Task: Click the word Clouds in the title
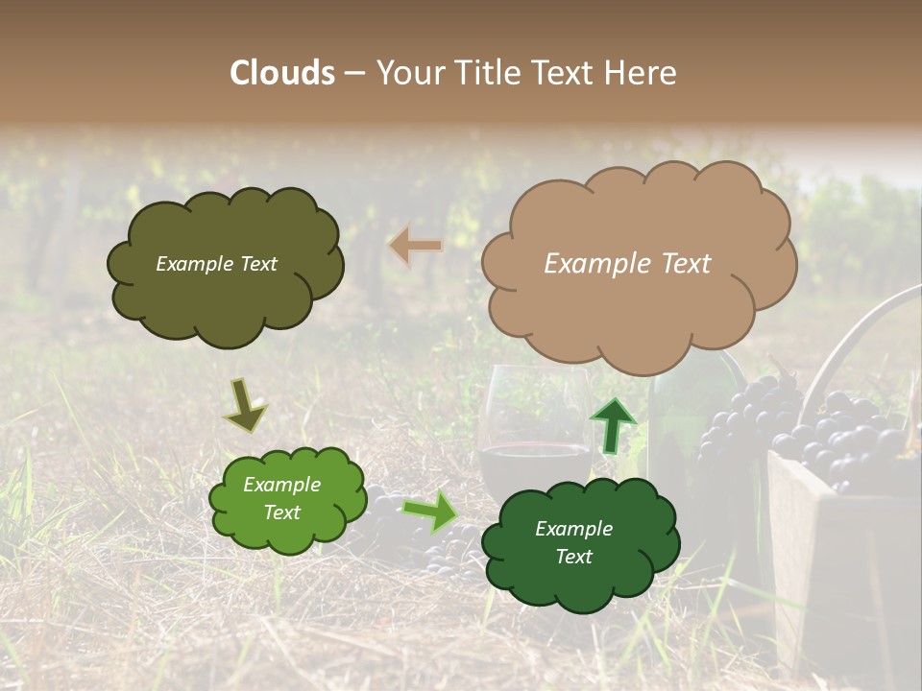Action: click(282, 73)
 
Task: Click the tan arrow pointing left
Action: click(415, 246)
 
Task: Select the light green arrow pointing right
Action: click(429, 511)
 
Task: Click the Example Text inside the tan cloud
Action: click(627, 264)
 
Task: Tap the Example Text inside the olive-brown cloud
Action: click(216, 264)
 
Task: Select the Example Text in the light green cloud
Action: click(281, 498)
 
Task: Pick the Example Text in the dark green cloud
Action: click(573, 542)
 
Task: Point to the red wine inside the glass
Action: click(533, 465)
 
